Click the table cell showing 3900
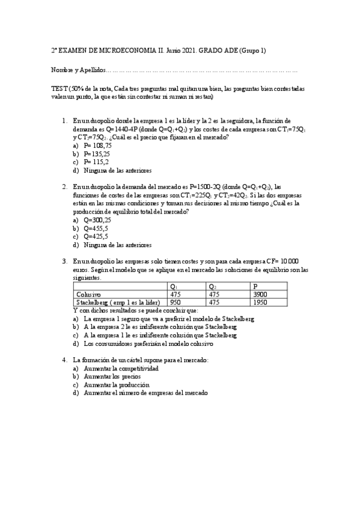pyautogui.click(x=260, y=294)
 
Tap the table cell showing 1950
pyautogui.click(x=260, y=302)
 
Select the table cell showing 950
pyautogui.click(x=176, y=302)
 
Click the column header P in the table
pyautogui.click(x=256, y=286)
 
